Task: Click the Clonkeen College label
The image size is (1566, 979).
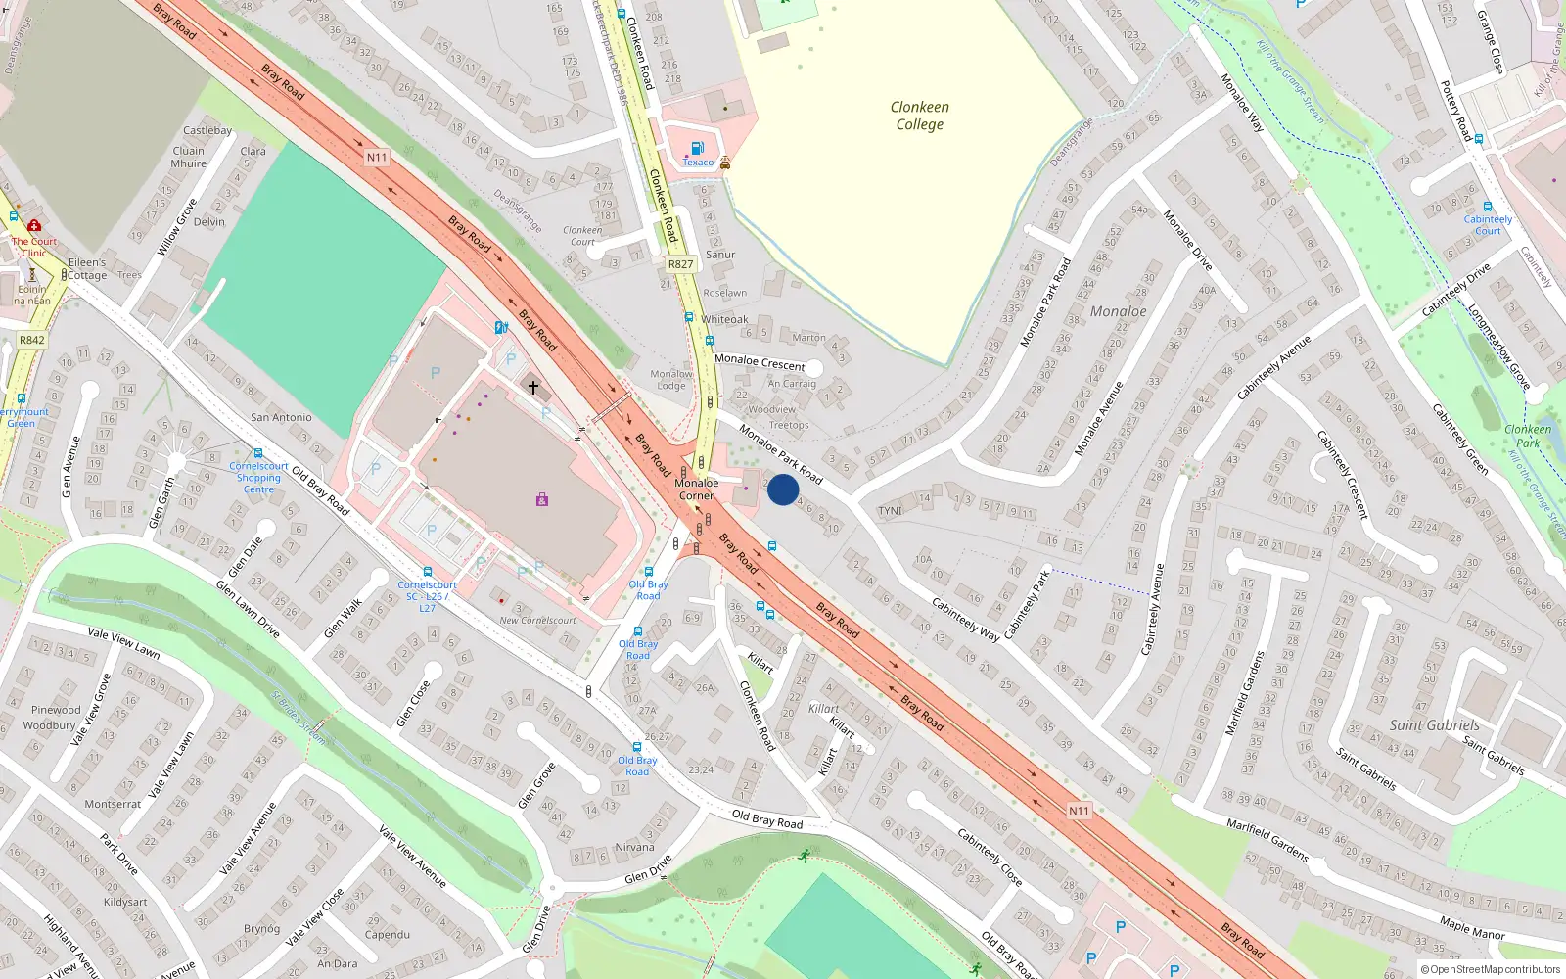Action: (919, 116)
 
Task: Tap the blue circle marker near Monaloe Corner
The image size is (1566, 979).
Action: (783, 489)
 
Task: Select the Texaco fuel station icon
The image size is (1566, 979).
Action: (697, 149)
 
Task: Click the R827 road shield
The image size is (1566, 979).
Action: (680, 264)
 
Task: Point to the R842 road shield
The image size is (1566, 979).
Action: (31, 341)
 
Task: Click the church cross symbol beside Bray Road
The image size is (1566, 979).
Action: (533, 388)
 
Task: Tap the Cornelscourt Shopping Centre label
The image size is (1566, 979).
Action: (258, 478)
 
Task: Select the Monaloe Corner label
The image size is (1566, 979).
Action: (696, 489)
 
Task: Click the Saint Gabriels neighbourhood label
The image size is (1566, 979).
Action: (1435, 725)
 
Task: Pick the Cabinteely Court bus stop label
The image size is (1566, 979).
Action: (1488, 225)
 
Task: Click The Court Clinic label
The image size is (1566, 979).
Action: (34, 247)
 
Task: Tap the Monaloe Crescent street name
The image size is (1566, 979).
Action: (760, 362)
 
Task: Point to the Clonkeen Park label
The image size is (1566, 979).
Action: (1528, 436)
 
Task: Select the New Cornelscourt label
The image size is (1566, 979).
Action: (537, 621)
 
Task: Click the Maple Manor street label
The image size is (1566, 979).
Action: (1472, 927)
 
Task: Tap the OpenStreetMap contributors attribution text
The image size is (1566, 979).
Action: (1491, 969)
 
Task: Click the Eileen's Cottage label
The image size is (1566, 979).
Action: (87, 269)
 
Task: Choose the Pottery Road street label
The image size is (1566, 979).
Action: (1456, 110)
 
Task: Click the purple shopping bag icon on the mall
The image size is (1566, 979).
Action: (542, 500)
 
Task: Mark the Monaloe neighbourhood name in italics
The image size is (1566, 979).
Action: (1118, 311)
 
